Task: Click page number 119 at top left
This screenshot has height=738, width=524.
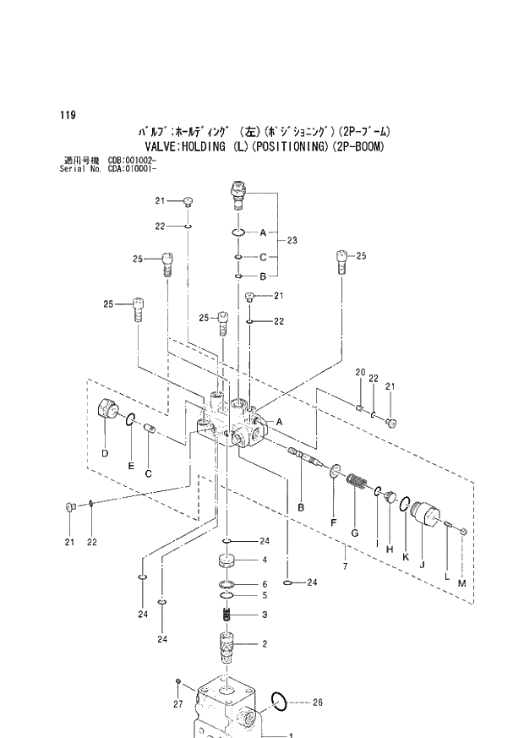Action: (x=66, y=115)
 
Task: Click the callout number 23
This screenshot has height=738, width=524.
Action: (x=292, y=241)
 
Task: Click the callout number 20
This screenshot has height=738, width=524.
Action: (x=359, y=373)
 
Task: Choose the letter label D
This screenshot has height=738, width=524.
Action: (x=105, y=454)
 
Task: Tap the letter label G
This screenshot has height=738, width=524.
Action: (x=355, y=533)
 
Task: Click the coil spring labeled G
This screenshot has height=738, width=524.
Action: (x=357, y=485)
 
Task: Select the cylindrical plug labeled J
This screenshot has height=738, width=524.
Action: (x=425, y=515)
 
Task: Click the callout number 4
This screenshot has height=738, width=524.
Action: (x=264, y=560)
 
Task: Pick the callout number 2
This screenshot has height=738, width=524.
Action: (x=264, y=643)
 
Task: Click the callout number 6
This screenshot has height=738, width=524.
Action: (x=264, y=584)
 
